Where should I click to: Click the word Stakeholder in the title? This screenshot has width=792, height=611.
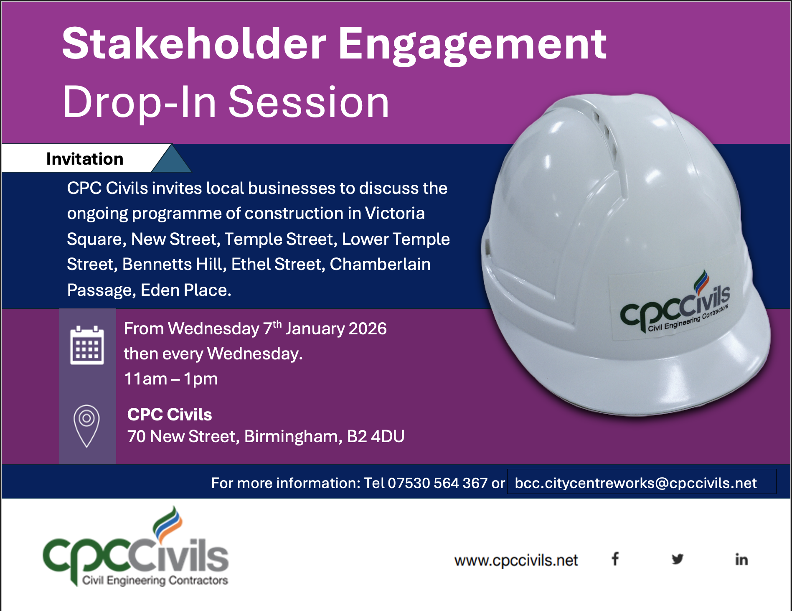pyautogui.click(x=194, y=43)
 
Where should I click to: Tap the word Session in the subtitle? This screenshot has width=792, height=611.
pyautogui.click(x=309, y=102)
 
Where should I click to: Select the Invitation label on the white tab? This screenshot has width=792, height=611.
pyautogui.click(x=85, y=159)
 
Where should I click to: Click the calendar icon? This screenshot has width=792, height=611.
pyautogui.click(x=87, y=345)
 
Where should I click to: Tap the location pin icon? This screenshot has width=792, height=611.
pyautogui.click(x=86, y=426)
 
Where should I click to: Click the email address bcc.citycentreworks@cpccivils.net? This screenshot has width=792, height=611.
pyautogui.click(x=636, y=483)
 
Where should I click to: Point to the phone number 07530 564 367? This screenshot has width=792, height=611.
pyautogui.click(x=437, y=483)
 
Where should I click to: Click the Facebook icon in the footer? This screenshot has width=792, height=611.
pyautogui.click(x=615, y=559)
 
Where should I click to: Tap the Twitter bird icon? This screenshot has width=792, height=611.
pyautogui.click(x=678, y=559)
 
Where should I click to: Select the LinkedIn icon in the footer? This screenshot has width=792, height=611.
pyautogui.click(x=741, y=559)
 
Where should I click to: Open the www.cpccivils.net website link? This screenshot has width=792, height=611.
pyautogui.click(x=516, y=560)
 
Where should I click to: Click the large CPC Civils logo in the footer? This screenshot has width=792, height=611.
pyautogui.click(x=135, y=546)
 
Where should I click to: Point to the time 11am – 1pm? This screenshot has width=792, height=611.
pyautogui.click(x=171, y=379)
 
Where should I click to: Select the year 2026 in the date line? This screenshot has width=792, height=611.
pyautogui.click(x=368, y=329)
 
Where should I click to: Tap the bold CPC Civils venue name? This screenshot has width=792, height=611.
pyautogui.click(x=170, y=415)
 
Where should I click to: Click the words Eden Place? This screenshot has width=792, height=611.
pyautogui.click(x=186, y=290)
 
